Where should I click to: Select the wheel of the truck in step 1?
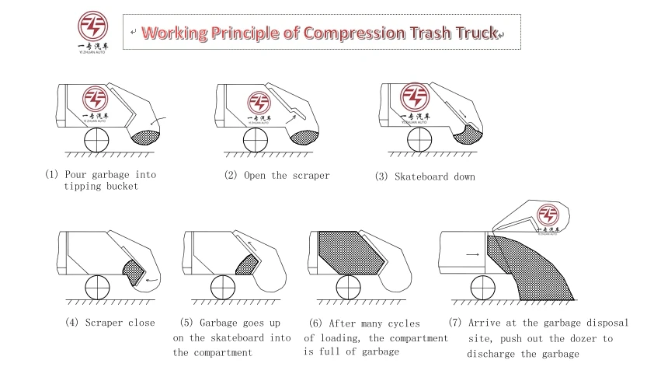(x=96, y=140)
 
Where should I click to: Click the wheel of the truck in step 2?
(x=257, y=140)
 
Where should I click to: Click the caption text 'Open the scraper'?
(x=287, y=176)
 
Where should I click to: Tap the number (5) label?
(x=186, y=323)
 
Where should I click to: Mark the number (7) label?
(x=456, y=323)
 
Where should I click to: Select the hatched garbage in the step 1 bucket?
(x=146, y=138)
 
